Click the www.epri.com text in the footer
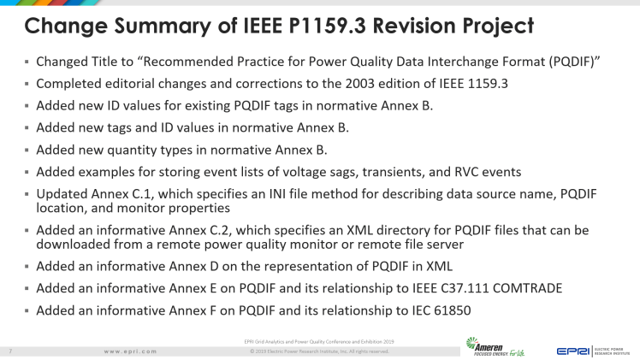(130, 351)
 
